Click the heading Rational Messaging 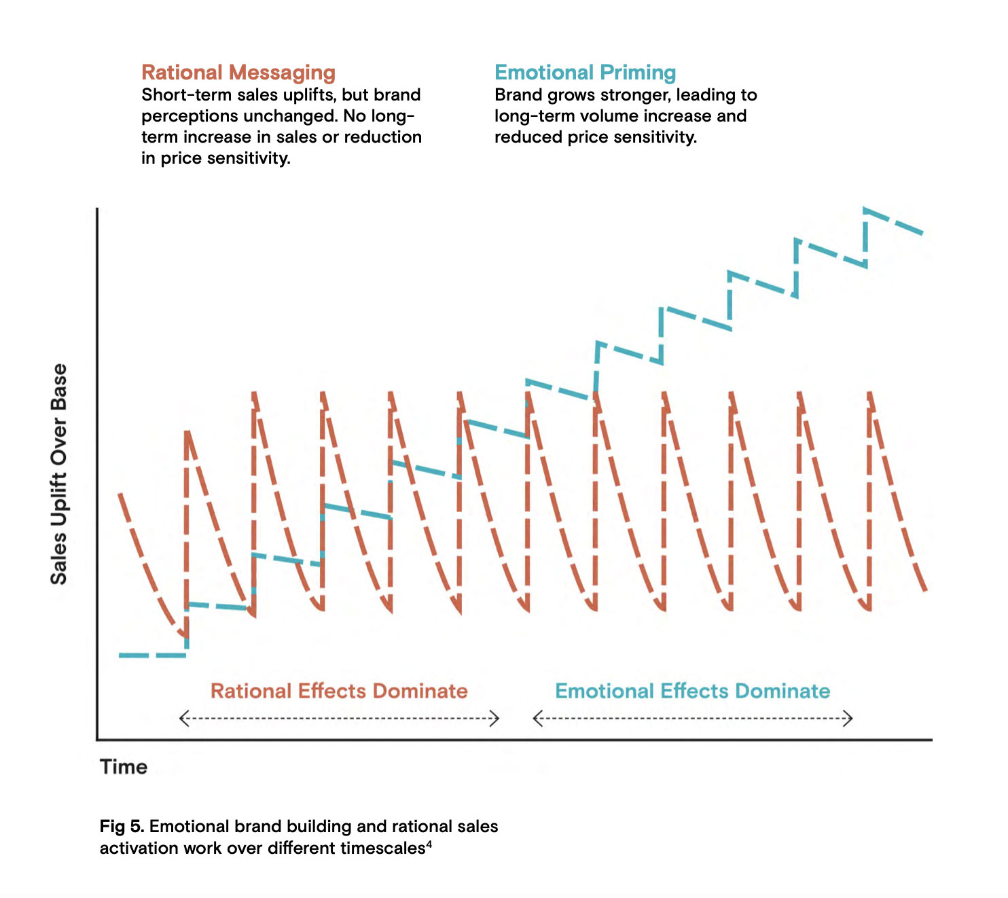[x=238, y=73]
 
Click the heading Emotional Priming [x=585, y=73]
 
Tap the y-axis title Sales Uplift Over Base [x=59, y=474]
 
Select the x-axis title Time [x=124, y=767]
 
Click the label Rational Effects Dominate [x=339, y=691]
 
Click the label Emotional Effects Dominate [x=692, y=691]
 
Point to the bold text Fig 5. [x=122, y=827]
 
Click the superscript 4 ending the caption [x=429, y=844]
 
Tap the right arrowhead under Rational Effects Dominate [x=496, y=718]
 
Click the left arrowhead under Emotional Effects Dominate [x=537, y=718]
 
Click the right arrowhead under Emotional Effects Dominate [x=849, y=718]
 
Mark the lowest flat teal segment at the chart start [x=152, y=655]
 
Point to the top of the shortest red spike [x=187, y=432]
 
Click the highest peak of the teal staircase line [x=866, y=210]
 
